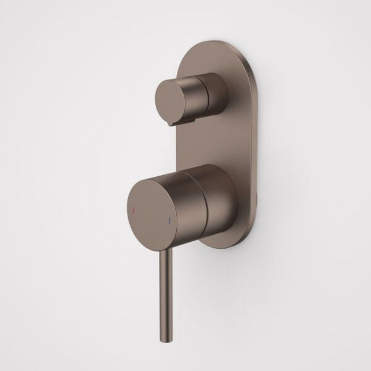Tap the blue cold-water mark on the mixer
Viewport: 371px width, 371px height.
click(x=169, y=221)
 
